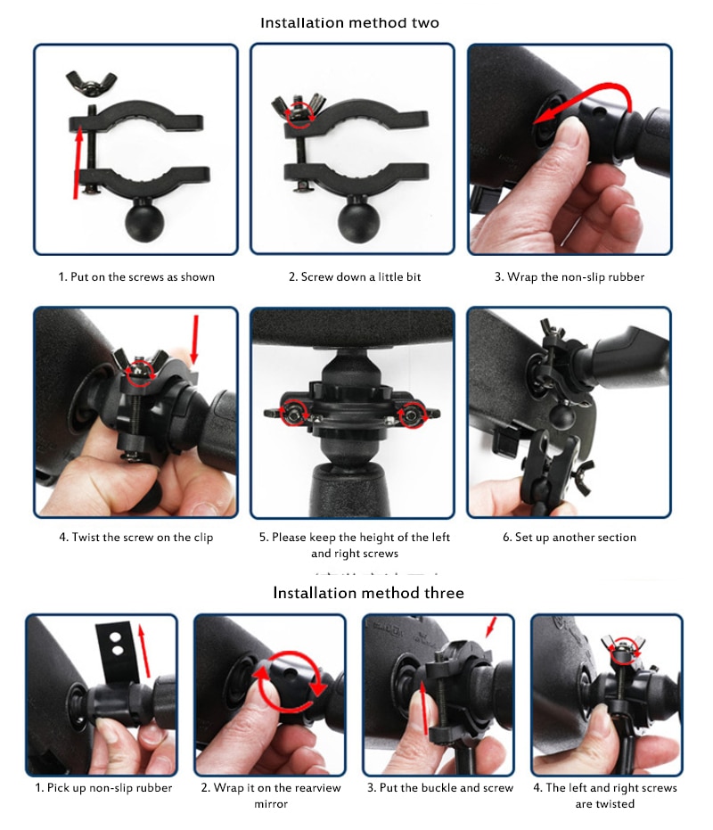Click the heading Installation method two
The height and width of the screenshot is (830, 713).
pos(349,22)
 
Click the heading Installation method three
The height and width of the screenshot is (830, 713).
pos(368,592)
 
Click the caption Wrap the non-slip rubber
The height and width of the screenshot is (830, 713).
pos(569,277)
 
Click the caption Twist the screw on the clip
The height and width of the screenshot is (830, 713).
pos(136,538)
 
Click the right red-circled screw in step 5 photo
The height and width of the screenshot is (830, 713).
pos(411,414)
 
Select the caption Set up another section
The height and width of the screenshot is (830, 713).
pos(569,538)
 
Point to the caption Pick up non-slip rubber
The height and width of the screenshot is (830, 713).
pos(103,788)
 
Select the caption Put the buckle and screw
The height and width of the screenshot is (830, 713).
pos(440,788)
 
